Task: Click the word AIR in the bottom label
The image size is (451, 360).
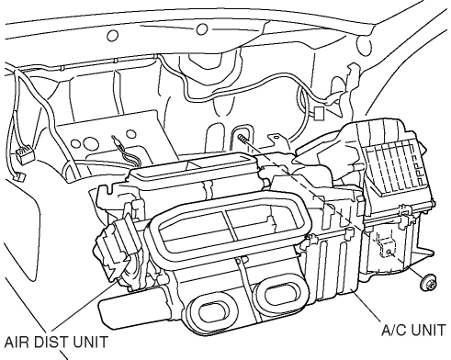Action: coord(17,342)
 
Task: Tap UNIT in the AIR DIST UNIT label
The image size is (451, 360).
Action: coord(90,342)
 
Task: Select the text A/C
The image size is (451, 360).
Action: coord(393,330)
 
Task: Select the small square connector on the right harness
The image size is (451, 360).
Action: coord(320,114)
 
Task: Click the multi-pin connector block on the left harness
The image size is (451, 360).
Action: coord(24,155)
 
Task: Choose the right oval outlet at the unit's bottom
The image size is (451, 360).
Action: coord(282,295)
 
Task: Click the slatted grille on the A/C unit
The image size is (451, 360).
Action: coord(395,167)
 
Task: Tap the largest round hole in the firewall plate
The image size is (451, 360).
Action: coord(90,142)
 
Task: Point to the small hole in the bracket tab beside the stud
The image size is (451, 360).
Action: coord(276,138)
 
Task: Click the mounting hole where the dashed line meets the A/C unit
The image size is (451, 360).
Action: coord(389,252)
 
